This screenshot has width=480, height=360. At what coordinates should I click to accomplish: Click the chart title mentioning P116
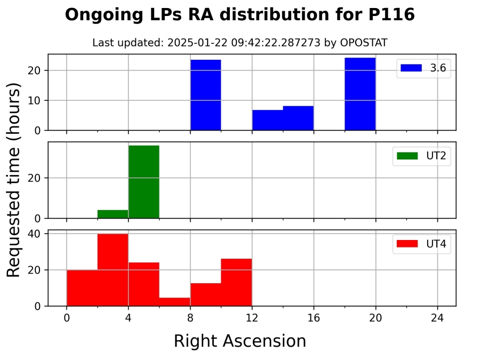(239, 15)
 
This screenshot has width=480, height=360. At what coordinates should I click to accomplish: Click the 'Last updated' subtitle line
(239, 43)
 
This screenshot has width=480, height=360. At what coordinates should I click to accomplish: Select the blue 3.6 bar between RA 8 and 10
(206, 95)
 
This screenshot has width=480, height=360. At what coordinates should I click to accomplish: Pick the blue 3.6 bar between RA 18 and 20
(360, 94)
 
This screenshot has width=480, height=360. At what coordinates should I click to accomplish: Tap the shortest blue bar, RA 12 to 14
(268, 120)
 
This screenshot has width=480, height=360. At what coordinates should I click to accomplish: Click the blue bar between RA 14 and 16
(298, 118)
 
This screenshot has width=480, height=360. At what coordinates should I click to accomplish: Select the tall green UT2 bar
(143, 181)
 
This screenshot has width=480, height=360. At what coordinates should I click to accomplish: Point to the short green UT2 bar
(113, 214)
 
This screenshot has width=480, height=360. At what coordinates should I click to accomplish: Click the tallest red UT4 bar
(113, 270)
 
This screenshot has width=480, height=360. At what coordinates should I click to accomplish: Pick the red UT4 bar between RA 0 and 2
(82, 288)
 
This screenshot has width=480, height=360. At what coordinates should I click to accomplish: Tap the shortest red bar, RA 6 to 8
(175, 302)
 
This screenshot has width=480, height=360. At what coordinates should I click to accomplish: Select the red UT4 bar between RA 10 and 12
(236, 282)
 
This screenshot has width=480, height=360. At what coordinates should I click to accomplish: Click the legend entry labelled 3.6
(423, 68)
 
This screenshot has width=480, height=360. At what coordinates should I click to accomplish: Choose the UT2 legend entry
(423, 156)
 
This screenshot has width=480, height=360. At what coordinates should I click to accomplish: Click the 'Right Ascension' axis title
(239, 341)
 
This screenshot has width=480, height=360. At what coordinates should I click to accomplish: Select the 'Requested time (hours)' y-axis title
(14, 180)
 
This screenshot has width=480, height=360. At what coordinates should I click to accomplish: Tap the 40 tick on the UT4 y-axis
(38, 234)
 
